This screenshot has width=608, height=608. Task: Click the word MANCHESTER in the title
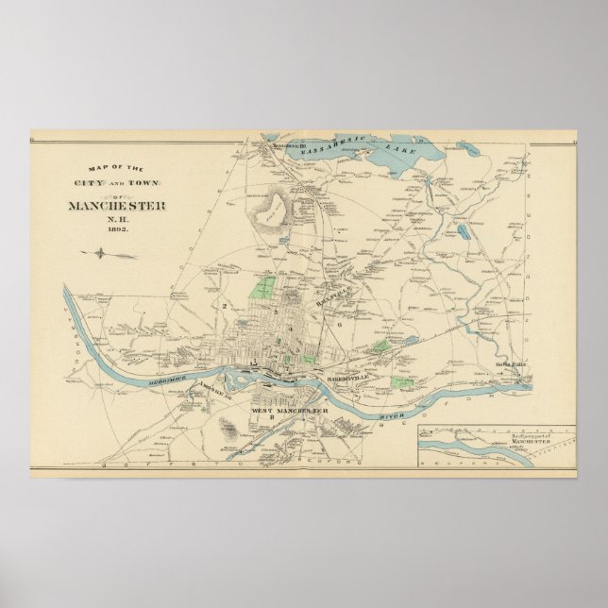[x=117, y=206]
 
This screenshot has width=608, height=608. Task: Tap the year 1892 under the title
[x=117, y=229]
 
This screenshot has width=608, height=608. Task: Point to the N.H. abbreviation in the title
[x=117, y=218]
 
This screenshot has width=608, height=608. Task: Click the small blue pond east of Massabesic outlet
[x=464, y=148]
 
